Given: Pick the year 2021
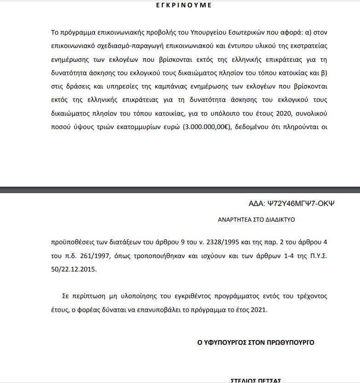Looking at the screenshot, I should click(x=258, y=310).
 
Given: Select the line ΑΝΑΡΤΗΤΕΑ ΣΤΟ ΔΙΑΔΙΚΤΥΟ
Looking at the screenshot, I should click(x=256, y=220).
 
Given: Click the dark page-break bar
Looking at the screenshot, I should click(x=180, y=190).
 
